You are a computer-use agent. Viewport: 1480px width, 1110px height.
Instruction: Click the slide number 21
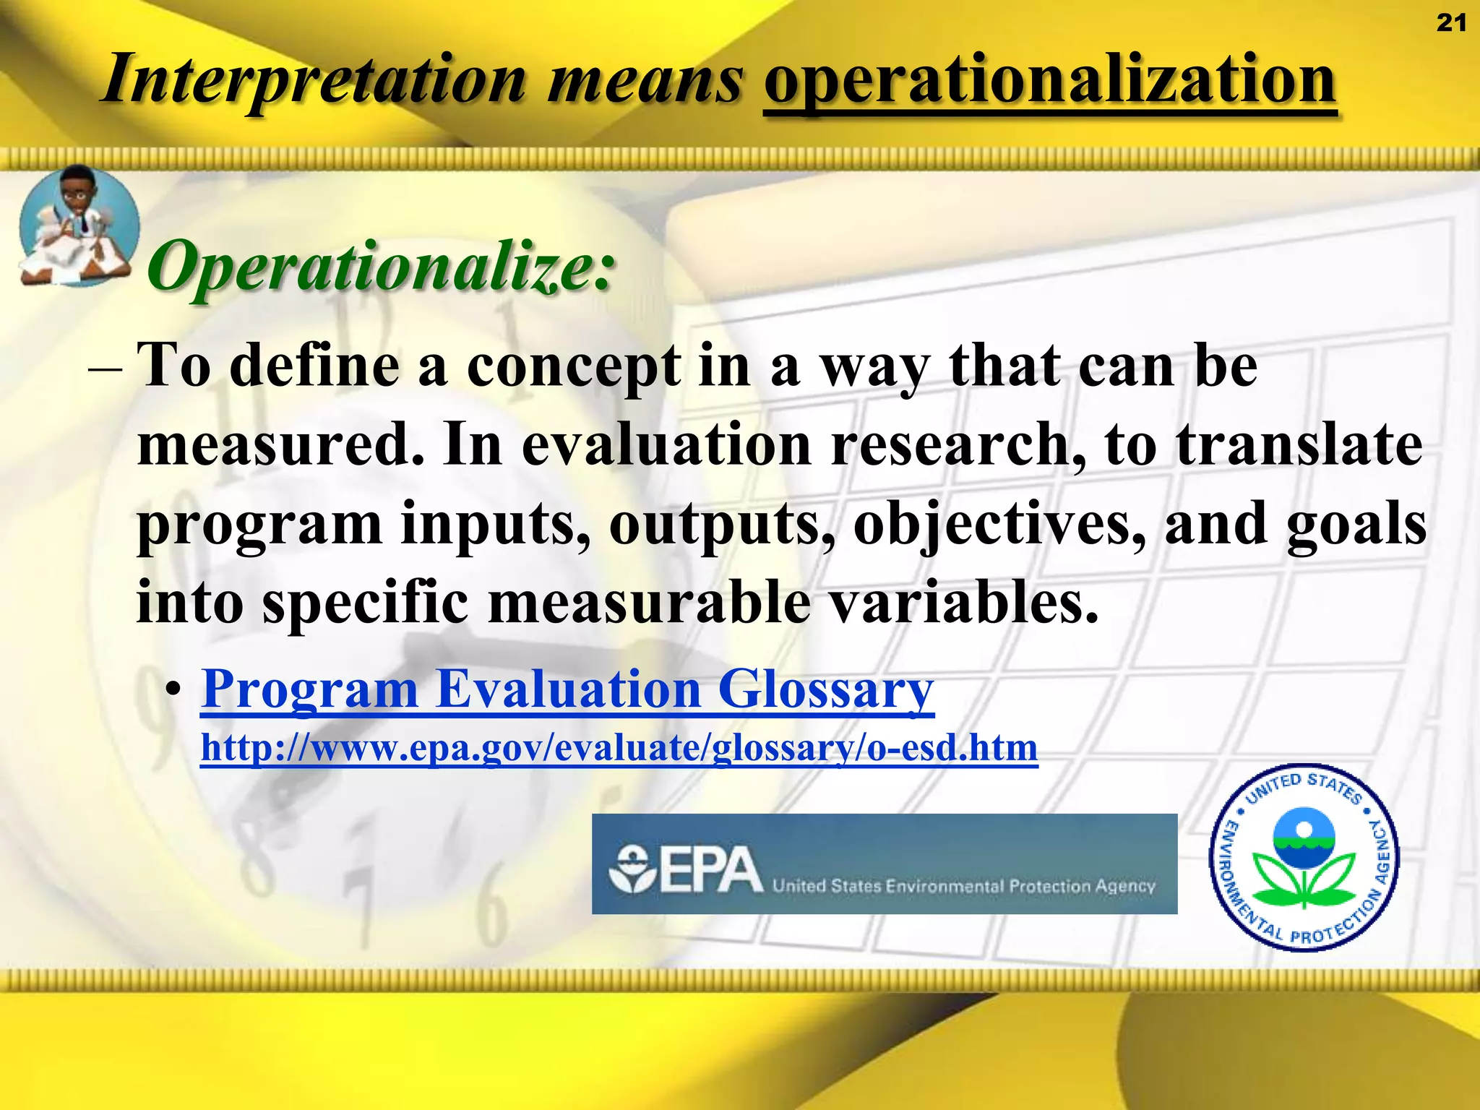click(x=1450, y=23)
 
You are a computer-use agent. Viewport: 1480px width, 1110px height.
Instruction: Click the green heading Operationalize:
click(x=382, y=266)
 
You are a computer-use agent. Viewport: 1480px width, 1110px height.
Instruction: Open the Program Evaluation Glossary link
click(x=567, y=689)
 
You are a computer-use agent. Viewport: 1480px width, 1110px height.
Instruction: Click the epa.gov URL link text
click(x=619, y=747)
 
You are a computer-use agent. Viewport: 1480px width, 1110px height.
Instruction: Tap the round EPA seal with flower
click(x=1304, y=857)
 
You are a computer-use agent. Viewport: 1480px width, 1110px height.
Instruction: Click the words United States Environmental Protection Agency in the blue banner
click(x=963, y=885)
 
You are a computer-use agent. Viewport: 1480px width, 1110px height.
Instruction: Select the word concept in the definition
click(x=573, y=366)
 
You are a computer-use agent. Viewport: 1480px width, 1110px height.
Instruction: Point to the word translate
click(x=1299, y=444)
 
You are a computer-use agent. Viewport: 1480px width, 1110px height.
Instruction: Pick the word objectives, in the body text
click(x=999, y=523)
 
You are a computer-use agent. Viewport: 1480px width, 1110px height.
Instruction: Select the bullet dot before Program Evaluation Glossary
click(x=172, y=690)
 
